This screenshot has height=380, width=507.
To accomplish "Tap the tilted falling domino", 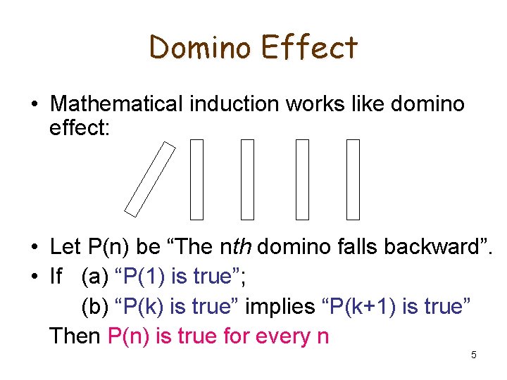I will pyautogui.click(x=150, y=178).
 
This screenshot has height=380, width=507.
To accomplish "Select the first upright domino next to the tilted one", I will pyautogui.click(x=196, y=179).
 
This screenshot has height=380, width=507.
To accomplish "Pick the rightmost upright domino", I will pyautogui.click(x=353, y=179).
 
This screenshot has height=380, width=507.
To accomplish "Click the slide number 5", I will pyautogui.click(x=473, y=355).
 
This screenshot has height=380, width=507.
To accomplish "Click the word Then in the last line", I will pyautogui.click(x=75, y=336).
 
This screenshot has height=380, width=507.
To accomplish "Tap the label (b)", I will pyautogui.click(x=96, y=306).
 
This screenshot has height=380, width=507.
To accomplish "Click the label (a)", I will pyautogui.click(x=96, y=277).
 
